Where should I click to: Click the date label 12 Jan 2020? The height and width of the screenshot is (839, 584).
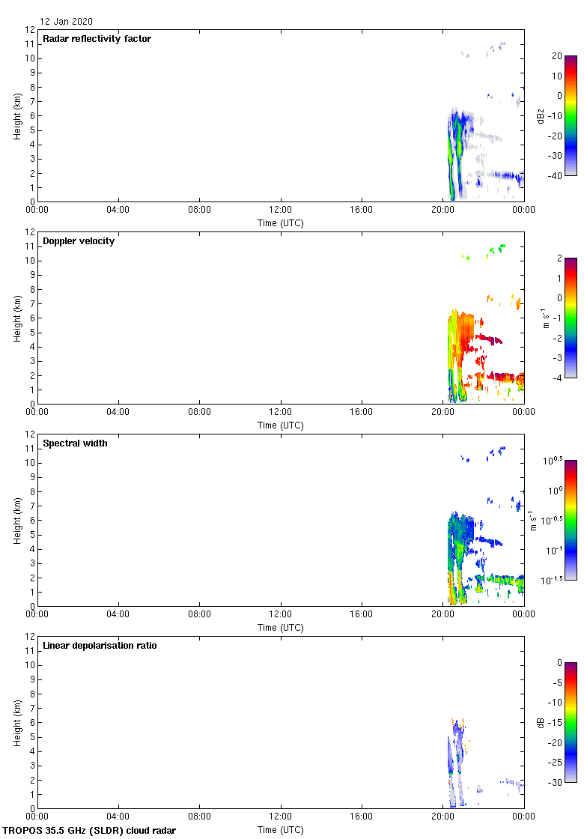[67, 22]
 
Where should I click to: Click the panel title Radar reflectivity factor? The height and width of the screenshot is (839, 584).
[97, 39]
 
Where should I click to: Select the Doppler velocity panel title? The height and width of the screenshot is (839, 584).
[79, 241]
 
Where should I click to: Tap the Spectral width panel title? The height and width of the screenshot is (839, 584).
[75, 443]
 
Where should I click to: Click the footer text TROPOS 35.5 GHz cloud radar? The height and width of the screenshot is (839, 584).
[90, 831]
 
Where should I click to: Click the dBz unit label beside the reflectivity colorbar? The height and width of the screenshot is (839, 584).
[540, 115]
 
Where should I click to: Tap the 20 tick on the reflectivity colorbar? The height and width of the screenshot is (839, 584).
[556, 56]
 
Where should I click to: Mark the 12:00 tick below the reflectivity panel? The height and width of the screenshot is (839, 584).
[281, 210]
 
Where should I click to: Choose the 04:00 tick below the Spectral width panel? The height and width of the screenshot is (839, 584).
[118, 614]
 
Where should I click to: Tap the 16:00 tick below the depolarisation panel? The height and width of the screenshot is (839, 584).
[362, 817]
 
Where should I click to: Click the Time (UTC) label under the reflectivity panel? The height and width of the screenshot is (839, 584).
[281, 222]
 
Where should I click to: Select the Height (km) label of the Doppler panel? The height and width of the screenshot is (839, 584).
[16, 318]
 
